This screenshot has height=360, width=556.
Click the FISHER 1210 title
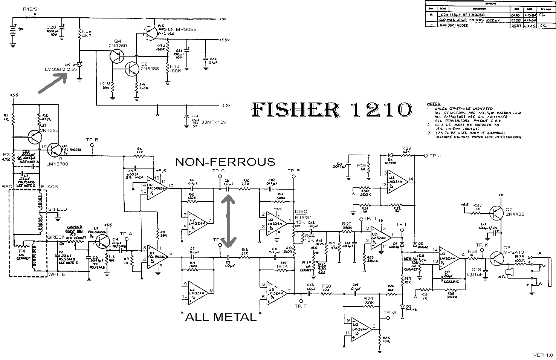coord(331,109)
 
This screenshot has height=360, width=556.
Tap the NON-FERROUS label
coord(225,162)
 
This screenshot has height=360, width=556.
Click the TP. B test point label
coord(92,140)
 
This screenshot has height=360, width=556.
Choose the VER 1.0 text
coord(542,355)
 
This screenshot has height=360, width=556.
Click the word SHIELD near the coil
coord(57,209)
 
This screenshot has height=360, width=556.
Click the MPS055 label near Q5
coord(178,29)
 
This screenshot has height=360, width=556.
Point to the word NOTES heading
coord(434,104)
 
